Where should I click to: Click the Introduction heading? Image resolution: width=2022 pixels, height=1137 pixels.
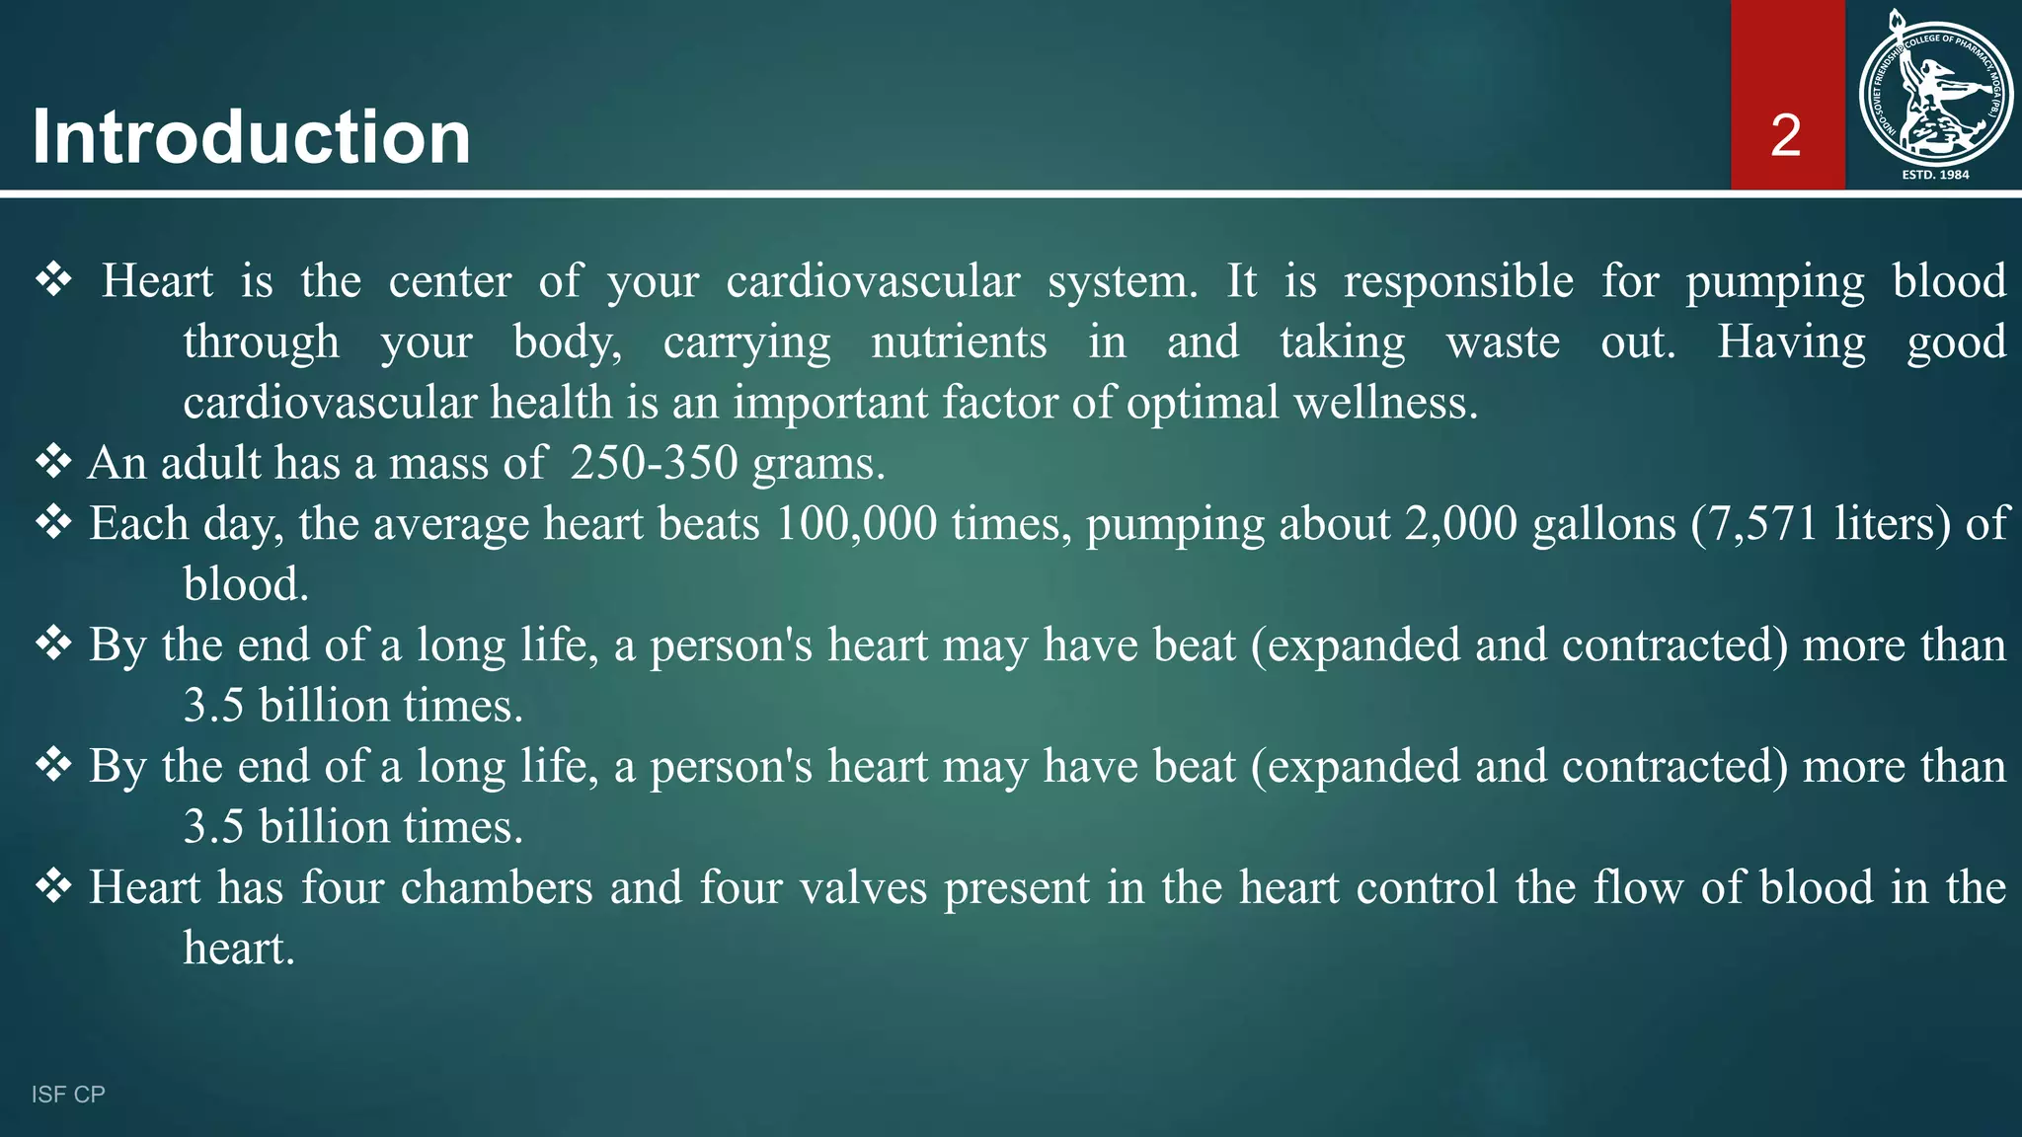click(x=251, y=136)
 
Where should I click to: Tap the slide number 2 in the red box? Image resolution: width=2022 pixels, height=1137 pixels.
click(x=1786, y=135)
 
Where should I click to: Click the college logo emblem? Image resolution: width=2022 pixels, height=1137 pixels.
click(x=1935, y=89)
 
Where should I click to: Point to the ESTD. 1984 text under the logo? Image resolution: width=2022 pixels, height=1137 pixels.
click(x=1935, y=175)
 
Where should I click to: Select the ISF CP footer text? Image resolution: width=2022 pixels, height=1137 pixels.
click(x=68, y=1094)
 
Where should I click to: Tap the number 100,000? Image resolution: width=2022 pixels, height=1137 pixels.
click(x=856, y=523)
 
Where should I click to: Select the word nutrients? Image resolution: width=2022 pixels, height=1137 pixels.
click(x=959, y=342)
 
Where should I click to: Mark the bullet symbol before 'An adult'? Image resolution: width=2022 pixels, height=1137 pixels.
click(x=53, y=461)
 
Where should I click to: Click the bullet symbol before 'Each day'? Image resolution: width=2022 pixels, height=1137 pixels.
click(x=53, y=521)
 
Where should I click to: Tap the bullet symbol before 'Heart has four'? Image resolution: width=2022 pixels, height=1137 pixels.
click(x=53, y=885)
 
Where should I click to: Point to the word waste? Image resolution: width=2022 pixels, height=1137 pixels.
click(x=1503, y=342)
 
